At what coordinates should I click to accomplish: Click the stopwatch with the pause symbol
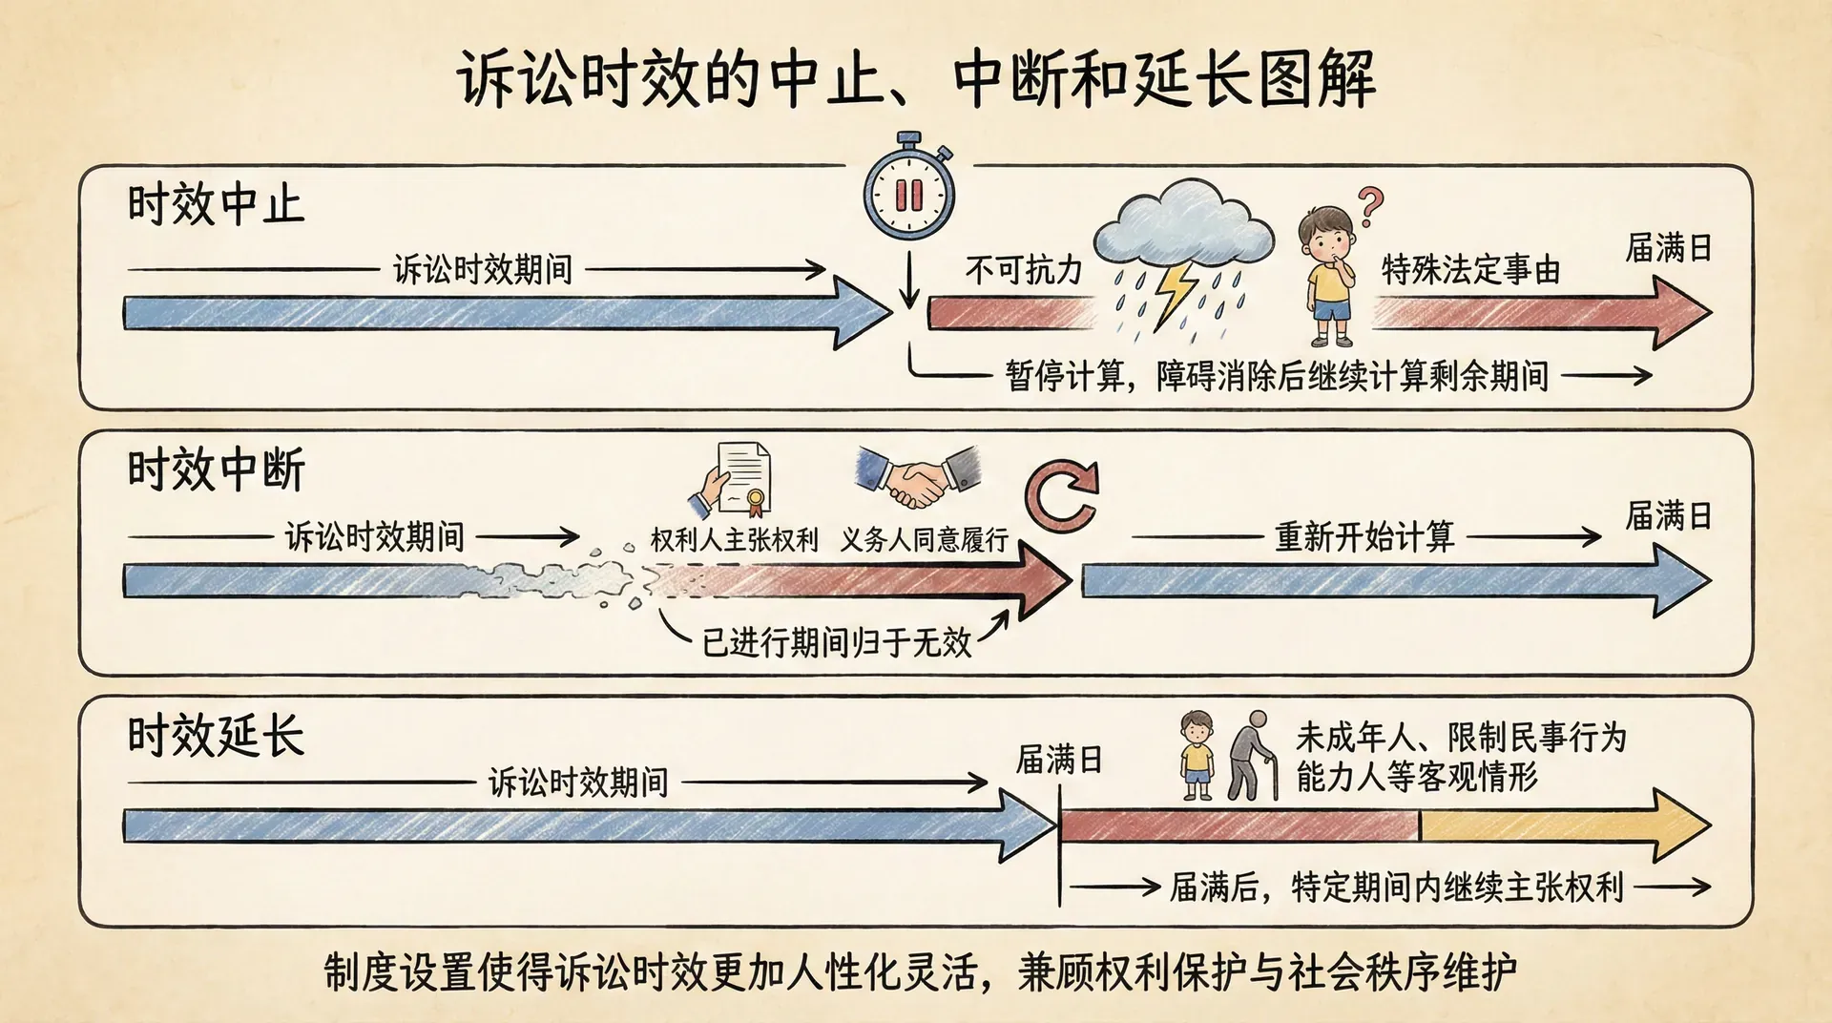pyautogui.click(x=908, y=195)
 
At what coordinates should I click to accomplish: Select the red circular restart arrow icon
pyautogui.click(x=1061, y=494)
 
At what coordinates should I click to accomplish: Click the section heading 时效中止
pyautogui.click(x=216, y=205)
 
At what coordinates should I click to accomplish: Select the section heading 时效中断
pyautogui.click(x=216, y=470)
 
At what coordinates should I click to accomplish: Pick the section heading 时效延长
pyautogui.click(x=216, y=737)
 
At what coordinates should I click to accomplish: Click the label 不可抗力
pyautogui.click(x=1023, y=270)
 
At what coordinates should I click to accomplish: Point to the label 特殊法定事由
pyautogui.click(x=1470, y=270)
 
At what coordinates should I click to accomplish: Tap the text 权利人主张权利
pyautogui.click(x=734, y=540)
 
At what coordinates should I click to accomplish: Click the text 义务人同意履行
pyautogui.click(x=924, y=540)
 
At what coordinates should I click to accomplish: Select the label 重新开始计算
pyautogui.click(x=1364, y=537)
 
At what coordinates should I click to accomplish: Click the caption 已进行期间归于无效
pyautogui.click(x=837, y=642)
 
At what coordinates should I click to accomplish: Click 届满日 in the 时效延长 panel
pyautogui.click(x=1059, y=760)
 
